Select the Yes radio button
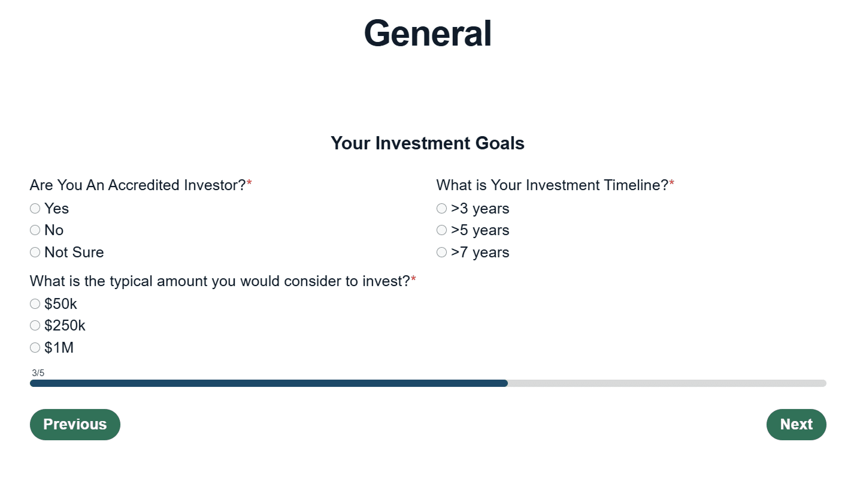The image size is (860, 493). point(35,209)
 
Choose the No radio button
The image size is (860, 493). point(35,230)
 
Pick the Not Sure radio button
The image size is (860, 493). point(35,252)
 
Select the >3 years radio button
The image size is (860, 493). point(441,209)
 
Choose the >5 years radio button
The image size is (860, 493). point(441,230)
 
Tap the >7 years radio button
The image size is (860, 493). point(441,252)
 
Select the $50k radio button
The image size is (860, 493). point(35,304)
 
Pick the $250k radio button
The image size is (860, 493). point(35,325)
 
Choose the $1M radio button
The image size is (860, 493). point(35,348)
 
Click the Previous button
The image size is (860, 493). point(75,425)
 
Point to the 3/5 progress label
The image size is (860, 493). point(38,373)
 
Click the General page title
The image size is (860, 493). point(428,34)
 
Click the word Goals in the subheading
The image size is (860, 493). point(499,143)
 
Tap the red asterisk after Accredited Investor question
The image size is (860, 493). point(249,183)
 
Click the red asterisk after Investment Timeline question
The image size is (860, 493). point(671,183)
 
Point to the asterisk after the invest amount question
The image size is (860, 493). point(413,279)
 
